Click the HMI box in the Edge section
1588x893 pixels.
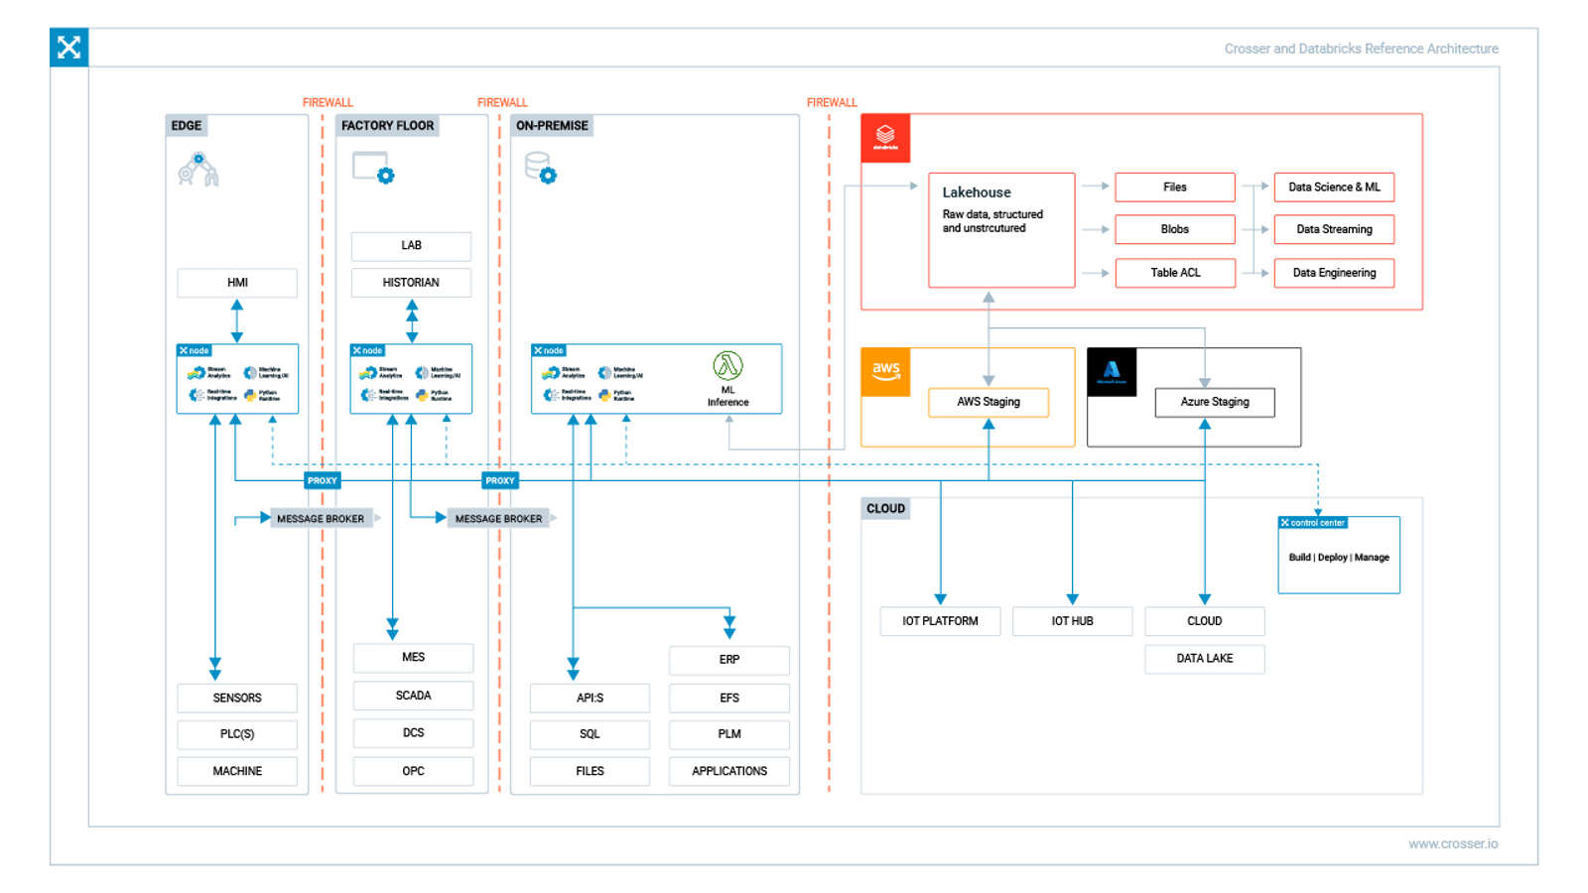(x=237, y=283)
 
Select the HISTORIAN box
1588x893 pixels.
(x=411, y=283)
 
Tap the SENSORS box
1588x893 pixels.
(x=237, y=698)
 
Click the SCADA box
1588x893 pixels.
(x=413, y=696)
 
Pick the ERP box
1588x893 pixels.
(x=729, y=660)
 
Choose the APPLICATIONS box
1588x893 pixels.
(x=729, y=771)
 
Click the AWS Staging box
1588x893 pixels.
(x=989, y=402)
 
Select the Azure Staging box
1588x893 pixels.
(x=1215, y=402)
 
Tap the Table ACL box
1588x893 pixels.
(x=1175, y=273)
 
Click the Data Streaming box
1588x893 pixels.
(x=1334, y=229)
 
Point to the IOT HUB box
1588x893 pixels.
(x=1072, y=621)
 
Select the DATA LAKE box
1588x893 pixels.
(x=1205, y=659)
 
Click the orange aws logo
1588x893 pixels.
(x=885, y=372)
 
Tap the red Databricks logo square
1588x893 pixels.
(x=885, y=138)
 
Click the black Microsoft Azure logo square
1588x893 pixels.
(x=1112, y=372)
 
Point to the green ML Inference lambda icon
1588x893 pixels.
(x=728, y=366)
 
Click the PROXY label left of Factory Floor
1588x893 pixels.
(x=322, y=480)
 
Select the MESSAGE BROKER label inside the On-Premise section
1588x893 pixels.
(x=498, y=519)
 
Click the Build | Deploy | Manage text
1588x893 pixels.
(x=1339, y=558)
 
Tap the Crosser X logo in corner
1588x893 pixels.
(x=68, y=48)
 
